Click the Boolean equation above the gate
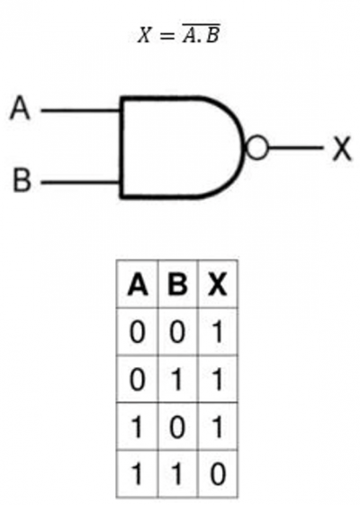[179, 33]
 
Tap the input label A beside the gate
[20, 107]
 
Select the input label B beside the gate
[22, 179]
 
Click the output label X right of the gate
[342, 148]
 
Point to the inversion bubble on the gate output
[256, 148]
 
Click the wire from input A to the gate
[80, 111]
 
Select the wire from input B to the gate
[80, 183]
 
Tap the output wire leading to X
[295, 148]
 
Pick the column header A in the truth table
[138, 284]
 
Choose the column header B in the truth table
[177, 284]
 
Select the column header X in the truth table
[218, 284]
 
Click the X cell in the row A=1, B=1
[218, 473]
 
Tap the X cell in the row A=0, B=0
[219, 332]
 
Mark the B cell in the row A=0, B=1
[177, 379]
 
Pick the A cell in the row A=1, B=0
[137, 427]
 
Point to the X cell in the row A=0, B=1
[219, 379]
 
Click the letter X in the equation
[144, 35]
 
